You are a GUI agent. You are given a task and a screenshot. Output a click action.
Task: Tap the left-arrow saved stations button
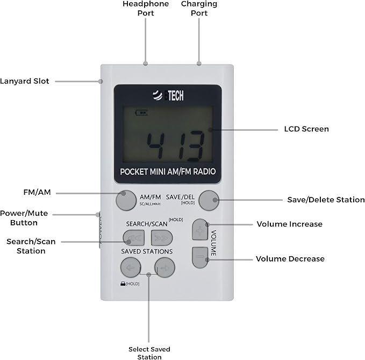click(130, 266)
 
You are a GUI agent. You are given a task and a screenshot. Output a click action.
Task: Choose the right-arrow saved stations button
click(164, 266)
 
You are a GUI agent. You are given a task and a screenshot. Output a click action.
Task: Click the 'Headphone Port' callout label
click(146, 9)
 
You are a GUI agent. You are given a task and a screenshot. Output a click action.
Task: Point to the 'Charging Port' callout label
click(199, 9)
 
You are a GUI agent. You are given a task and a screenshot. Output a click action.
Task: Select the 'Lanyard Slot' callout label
click(25, 81)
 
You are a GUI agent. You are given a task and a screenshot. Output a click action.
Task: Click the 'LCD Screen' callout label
click(306, 129)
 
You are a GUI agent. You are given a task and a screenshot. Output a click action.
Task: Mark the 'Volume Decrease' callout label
click(290, 259)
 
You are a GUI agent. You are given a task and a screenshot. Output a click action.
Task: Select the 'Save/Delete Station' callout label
click(326, 200)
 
